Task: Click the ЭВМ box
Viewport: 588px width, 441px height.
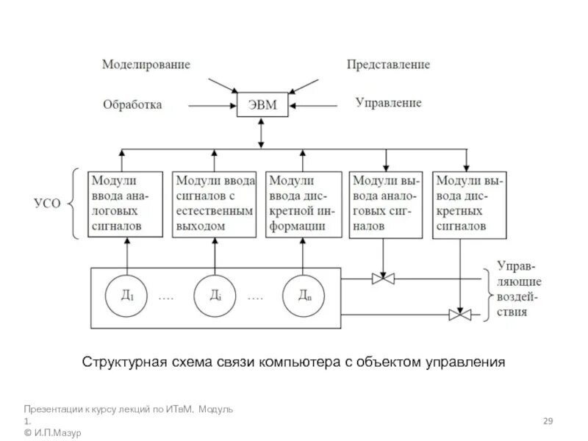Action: (261, 105)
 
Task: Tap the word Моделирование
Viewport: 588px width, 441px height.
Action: (146, 65)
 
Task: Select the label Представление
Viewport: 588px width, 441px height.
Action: (389, 65)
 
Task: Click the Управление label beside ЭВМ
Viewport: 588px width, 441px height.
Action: (389, 103)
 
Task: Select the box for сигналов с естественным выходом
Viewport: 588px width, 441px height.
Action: (214, 204)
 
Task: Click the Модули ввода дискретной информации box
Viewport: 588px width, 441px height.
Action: (302, 204)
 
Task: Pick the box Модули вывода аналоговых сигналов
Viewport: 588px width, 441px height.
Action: (385, 204)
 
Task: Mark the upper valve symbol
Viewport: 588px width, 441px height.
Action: (383, 279)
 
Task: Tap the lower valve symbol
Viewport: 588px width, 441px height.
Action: (460, 315)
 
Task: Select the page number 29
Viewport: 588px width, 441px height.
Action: (548, 420)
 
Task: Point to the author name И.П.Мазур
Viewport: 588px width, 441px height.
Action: (57, 433)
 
